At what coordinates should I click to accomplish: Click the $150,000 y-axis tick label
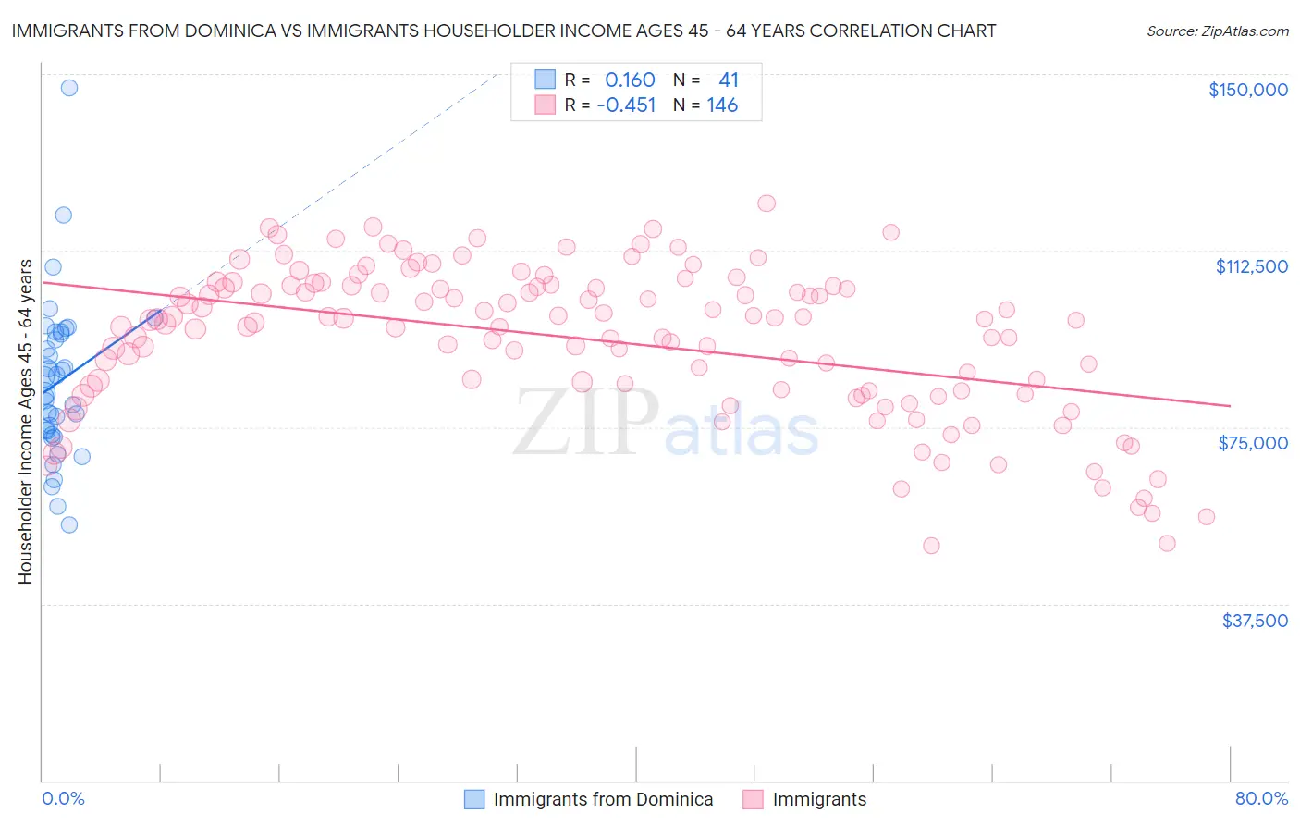[1247, 90]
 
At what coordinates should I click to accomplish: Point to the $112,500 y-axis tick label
[1251, 266]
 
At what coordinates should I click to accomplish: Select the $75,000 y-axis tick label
[1253, 443]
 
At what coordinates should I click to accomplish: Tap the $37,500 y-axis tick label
[1254, 621]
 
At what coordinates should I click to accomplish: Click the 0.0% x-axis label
[63, 798]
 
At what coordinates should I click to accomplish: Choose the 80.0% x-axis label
[1261, 798]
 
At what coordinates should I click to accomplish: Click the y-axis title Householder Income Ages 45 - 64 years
[25, 422]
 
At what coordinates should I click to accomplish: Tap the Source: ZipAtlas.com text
[1217, 31]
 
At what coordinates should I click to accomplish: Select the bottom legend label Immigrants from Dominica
[603, 799]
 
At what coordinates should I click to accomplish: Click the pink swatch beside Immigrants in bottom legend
[753, 799]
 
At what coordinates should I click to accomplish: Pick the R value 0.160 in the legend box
[630, 80]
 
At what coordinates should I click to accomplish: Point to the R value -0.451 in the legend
[626, 105]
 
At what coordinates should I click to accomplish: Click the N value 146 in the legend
[722, 105]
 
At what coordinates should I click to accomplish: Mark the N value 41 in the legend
[729, 80]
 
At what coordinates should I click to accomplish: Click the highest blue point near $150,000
[68, 88]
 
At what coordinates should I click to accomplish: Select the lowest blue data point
[68, 524]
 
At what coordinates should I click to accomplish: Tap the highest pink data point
[767, 203]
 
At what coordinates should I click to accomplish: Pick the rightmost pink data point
[1206, 517]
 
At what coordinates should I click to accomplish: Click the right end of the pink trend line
[1230, 405]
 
